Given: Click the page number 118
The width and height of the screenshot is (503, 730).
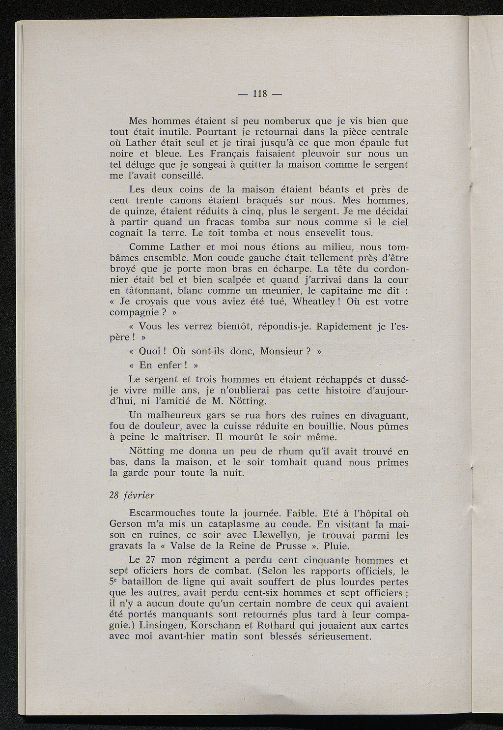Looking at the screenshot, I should (x=259, y=94).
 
